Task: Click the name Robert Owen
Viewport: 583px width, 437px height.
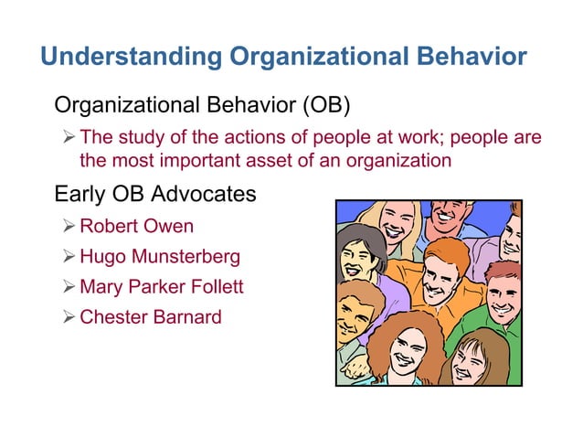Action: pos(136,225)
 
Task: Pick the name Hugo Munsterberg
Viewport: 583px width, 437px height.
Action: pos(160,256)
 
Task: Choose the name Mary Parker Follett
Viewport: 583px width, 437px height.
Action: pos(162,287)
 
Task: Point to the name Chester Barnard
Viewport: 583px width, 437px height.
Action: pos(150,318)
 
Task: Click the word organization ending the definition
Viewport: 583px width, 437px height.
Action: pos(401,161)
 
